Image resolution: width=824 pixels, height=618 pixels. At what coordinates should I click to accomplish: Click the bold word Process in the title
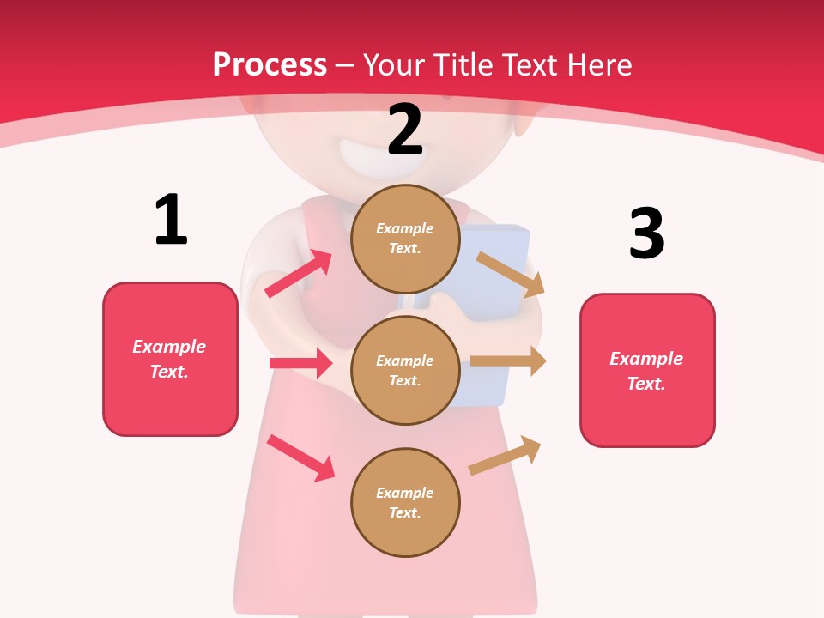270,64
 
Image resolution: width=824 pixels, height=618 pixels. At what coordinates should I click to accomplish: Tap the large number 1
171,220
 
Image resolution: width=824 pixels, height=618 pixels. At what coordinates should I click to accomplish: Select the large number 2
405,130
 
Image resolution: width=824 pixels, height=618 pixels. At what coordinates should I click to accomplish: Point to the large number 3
646,233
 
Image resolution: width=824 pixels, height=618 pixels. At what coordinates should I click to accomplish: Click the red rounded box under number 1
170,359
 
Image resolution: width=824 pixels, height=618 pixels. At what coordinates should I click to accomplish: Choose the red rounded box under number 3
647,370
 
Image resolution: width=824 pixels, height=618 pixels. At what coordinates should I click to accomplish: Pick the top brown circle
405,239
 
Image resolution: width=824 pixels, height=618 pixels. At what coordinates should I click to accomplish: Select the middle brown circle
405,370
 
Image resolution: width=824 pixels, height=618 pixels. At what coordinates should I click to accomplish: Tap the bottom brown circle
405,502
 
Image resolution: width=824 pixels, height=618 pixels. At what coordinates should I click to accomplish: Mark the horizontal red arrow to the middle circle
300,363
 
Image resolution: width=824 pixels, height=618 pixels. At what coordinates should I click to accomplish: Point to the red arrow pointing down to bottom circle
300,457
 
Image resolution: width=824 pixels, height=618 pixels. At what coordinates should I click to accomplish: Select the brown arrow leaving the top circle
510,274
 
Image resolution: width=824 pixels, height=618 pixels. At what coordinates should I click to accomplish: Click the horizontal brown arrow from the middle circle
507,361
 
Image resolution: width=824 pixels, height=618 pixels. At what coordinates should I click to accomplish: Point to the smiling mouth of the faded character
365,154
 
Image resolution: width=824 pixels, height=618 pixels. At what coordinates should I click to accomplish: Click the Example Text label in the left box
169,359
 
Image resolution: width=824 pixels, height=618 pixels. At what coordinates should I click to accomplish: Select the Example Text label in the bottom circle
405,502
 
